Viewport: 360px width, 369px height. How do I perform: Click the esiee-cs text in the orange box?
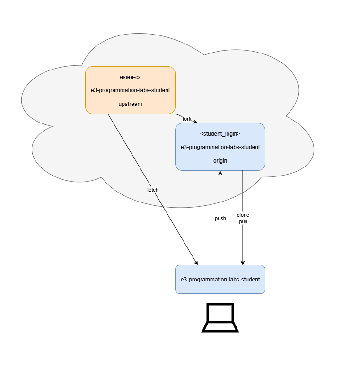[x=130, y=77]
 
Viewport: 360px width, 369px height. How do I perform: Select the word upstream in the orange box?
[x=130, y=104]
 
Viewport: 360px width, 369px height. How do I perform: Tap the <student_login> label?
[x=220, y=134]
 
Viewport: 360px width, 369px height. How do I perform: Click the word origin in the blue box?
[x=220, y=161]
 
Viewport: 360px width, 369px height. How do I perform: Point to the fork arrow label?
[x=187, y=119]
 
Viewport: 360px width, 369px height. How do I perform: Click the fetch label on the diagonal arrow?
[x=152, y=190]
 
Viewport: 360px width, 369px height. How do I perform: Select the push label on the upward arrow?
[x=220, y=219]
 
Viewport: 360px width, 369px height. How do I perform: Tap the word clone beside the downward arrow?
[x=243, y=215]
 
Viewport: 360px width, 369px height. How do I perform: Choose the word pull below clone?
[x=243, y=222]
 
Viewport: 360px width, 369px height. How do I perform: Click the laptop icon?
[x=220, y=318]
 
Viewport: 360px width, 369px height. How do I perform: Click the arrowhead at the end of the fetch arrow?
[x=196, y=263]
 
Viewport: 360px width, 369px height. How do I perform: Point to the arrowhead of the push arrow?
[x=220, y=173]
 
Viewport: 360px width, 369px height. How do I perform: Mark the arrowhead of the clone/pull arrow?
[x=243, y=263]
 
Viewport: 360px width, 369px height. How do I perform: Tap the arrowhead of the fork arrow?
[x=195, y=122]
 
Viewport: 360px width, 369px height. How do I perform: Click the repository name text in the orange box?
[x=130, y=90]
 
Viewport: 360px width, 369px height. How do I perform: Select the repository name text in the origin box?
[x=220, y=147]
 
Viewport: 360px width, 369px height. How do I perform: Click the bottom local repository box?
[x=220, y=279]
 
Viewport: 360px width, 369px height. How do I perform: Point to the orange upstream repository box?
[x=130, y=90]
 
